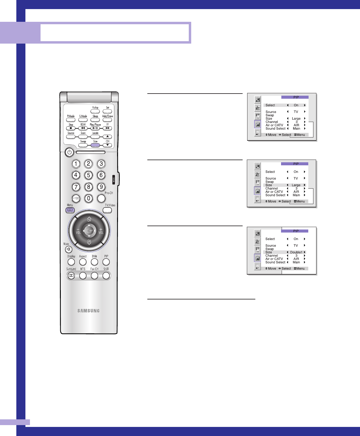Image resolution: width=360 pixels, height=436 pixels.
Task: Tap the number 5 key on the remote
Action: (x=88, y=175)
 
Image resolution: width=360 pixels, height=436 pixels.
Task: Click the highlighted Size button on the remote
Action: (x=95, y=145)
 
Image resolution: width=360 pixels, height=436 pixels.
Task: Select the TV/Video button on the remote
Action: (x=107, y=210)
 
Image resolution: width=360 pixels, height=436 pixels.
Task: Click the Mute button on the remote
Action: (x=69, y=249)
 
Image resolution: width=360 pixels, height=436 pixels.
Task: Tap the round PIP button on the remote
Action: (x=106, y=262)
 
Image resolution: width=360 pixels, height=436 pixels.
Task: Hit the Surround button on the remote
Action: (x=71, y=276)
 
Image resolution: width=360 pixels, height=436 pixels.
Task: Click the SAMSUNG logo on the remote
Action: (x=88, y=311)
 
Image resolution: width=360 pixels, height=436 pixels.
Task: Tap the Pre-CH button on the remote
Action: (x=101, y=198)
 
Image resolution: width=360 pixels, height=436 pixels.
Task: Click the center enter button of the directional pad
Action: (x=89, y=231)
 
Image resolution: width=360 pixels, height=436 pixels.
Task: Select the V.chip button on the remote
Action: (x=95, y=111)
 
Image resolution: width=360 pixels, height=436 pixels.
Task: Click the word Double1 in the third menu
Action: (x=296, y=252)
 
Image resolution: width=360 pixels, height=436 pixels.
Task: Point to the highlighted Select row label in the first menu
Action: (x=270, y=105)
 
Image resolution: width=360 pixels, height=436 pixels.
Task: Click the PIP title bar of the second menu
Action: (x=295, y=164)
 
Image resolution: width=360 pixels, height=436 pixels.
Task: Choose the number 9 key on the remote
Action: (x=101, y=187)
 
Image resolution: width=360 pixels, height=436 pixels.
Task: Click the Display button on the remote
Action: (x=71, y=262)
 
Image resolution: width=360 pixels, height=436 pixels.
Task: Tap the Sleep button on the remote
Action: (x=95, y=120)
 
